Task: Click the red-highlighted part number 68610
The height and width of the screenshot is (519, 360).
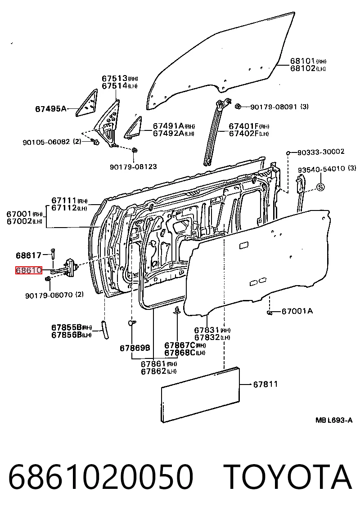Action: [29, 270]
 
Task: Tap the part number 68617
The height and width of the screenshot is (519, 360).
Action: [29, 255]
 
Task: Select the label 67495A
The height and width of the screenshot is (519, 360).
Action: [51, 108]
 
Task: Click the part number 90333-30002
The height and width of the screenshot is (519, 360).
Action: [321, 152]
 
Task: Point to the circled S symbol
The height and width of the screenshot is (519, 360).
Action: [320, 187]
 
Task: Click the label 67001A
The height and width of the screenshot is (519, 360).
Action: [297, 311]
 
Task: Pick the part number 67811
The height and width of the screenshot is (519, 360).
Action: [265, 384]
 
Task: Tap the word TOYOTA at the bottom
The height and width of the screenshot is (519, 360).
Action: [288, 477]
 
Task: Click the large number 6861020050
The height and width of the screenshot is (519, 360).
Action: [100, 477]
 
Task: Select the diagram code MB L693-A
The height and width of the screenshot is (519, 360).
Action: [334, 421]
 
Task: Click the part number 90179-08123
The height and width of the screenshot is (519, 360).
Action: [133, 166]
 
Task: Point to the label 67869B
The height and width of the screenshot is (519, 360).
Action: [135, 348]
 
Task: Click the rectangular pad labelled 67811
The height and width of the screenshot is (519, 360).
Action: [200, 395]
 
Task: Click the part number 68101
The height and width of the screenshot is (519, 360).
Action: [302, 61]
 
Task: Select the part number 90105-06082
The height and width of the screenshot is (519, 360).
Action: [46, 142]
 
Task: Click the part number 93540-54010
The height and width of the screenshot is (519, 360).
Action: [321, 169]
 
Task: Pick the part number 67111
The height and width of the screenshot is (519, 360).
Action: [64, 201]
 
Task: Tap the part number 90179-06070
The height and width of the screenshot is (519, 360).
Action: [49, 295]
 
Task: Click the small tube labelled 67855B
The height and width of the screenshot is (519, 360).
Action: [105, 329]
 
